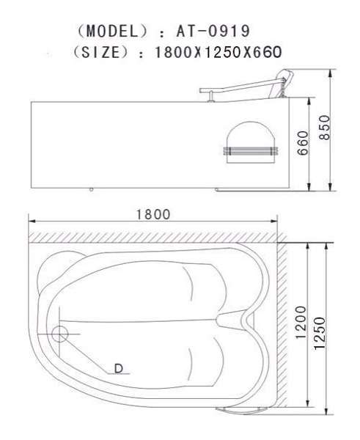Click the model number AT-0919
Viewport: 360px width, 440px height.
(213, 31)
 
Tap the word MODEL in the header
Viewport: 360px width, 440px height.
(112, 31)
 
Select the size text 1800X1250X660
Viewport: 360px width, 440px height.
(218, 52)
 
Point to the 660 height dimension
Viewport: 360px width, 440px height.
(303, 143)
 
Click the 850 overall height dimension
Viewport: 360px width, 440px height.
(325, 128)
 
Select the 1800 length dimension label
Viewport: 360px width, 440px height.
(153, 215)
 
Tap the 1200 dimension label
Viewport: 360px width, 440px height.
(301, 322)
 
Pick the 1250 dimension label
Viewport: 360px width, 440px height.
(320, 334)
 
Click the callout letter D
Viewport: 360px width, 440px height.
(119, 368)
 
